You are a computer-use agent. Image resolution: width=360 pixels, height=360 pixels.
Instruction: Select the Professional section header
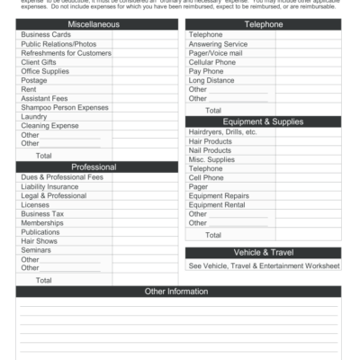click(94, 166)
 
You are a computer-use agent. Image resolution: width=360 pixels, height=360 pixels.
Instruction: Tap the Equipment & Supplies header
click(263, 121)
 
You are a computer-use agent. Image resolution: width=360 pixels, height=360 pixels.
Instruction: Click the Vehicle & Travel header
click(263, 253)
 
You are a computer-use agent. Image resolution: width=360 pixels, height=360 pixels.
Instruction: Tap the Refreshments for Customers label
click(66, 53)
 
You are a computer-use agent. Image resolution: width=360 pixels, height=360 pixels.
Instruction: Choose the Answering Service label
click(218, 44)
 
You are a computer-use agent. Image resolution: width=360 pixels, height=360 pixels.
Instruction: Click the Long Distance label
click(211, 80)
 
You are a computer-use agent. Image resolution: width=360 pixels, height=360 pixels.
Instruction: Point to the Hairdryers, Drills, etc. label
click(223, 132)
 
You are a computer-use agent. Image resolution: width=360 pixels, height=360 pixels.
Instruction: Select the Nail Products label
click(211, 150)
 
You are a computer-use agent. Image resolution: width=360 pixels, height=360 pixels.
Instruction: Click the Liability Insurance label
click(49, 187)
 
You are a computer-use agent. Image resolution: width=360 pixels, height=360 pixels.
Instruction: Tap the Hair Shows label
click(40, 241)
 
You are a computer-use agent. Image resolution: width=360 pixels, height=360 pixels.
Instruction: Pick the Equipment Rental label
click(218, 204)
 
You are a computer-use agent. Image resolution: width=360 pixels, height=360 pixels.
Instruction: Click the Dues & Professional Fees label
click(62, 177)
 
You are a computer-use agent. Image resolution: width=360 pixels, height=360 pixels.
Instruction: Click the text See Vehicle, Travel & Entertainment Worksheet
click(264, 266)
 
